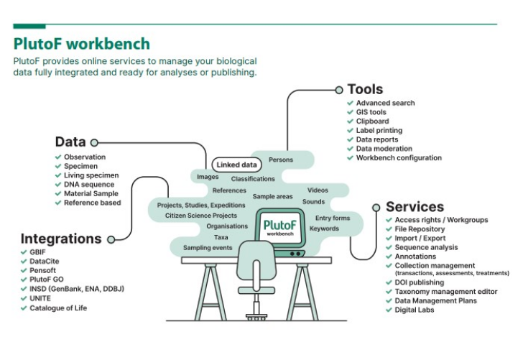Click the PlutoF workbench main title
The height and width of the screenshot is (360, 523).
[x=82, y=44]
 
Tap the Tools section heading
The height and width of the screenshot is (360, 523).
[x=365, y=89]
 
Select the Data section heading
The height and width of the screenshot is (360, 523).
[x=70, y=142]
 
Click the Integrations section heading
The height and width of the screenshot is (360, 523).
[x=61, y=239]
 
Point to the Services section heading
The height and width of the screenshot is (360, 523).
[x=415, y=207]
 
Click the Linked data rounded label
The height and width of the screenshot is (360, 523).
[x=236, y=165]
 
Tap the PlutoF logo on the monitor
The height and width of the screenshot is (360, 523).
[x=280, y=227]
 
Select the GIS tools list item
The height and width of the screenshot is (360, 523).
[x=371, y=112]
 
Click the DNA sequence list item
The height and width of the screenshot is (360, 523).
[x=89, y=185]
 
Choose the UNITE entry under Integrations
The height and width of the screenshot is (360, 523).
[x=40, y=298]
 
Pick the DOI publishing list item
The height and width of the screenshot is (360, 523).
[x=420, y=282]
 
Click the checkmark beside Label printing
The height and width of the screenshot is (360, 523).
[x=351, y=131]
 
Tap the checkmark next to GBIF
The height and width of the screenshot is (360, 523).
[x=24, y=252]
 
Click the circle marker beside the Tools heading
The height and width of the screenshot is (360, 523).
[x=339, y=90]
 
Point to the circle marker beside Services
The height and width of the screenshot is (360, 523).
[x=376, y=208]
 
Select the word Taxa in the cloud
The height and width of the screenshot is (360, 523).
[x=221, y=237]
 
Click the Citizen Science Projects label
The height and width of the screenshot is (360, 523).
[x=201, y=216]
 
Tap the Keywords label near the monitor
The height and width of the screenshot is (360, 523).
[x=324, y=229]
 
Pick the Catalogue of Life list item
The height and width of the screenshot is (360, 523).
[x=58, y=308]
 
